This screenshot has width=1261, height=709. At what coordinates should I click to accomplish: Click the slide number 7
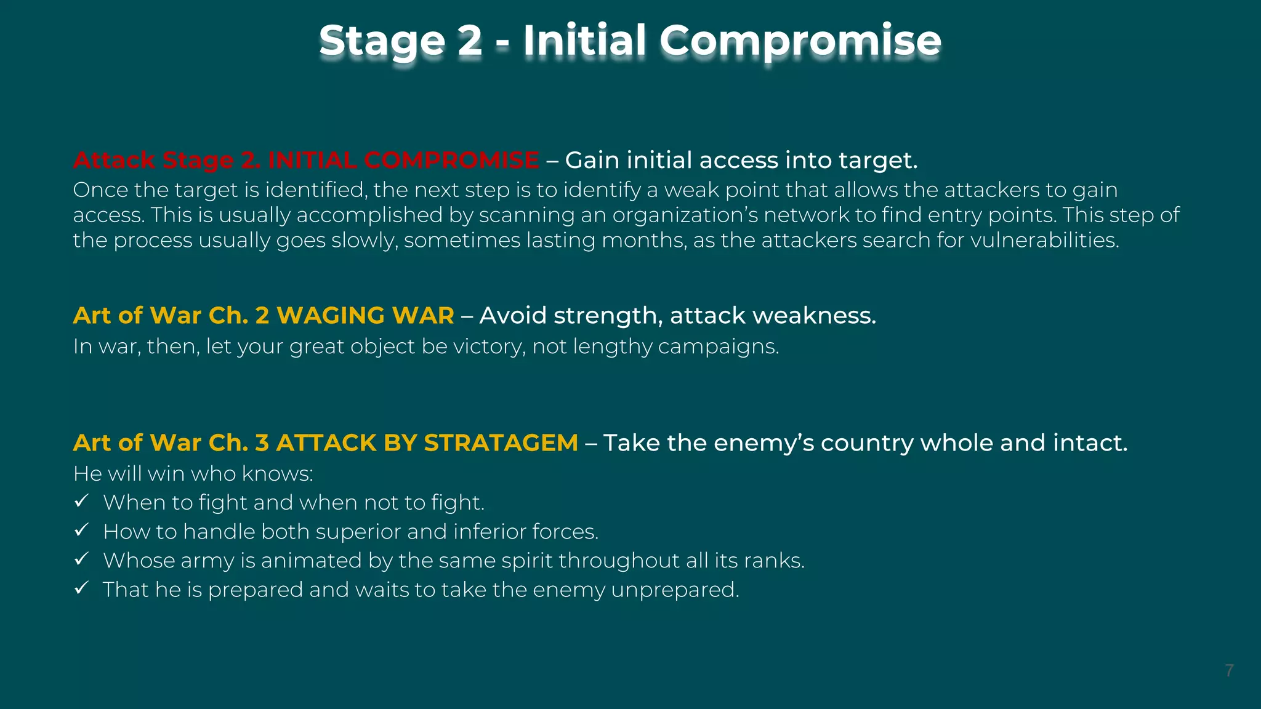point(1229,670)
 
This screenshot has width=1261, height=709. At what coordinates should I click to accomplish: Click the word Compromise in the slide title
point(800,41)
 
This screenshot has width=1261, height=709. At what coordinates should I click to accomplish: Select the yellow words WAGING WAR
point(365,316)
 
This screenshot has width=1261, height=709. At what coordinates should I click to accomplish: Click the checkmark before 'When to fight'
point(81,501)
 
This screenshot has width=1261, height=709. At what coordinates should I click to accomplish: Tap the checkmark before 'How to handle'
point(81,530)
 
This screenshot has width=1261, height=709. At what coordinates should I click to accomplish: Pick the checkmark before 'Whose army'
point(81,559)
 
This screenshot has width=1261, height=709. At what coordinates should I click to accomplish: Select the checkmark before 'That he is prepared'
point(81,588)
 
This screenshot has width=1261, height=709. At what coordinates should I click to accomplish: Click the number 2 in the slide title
point(470,41)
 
